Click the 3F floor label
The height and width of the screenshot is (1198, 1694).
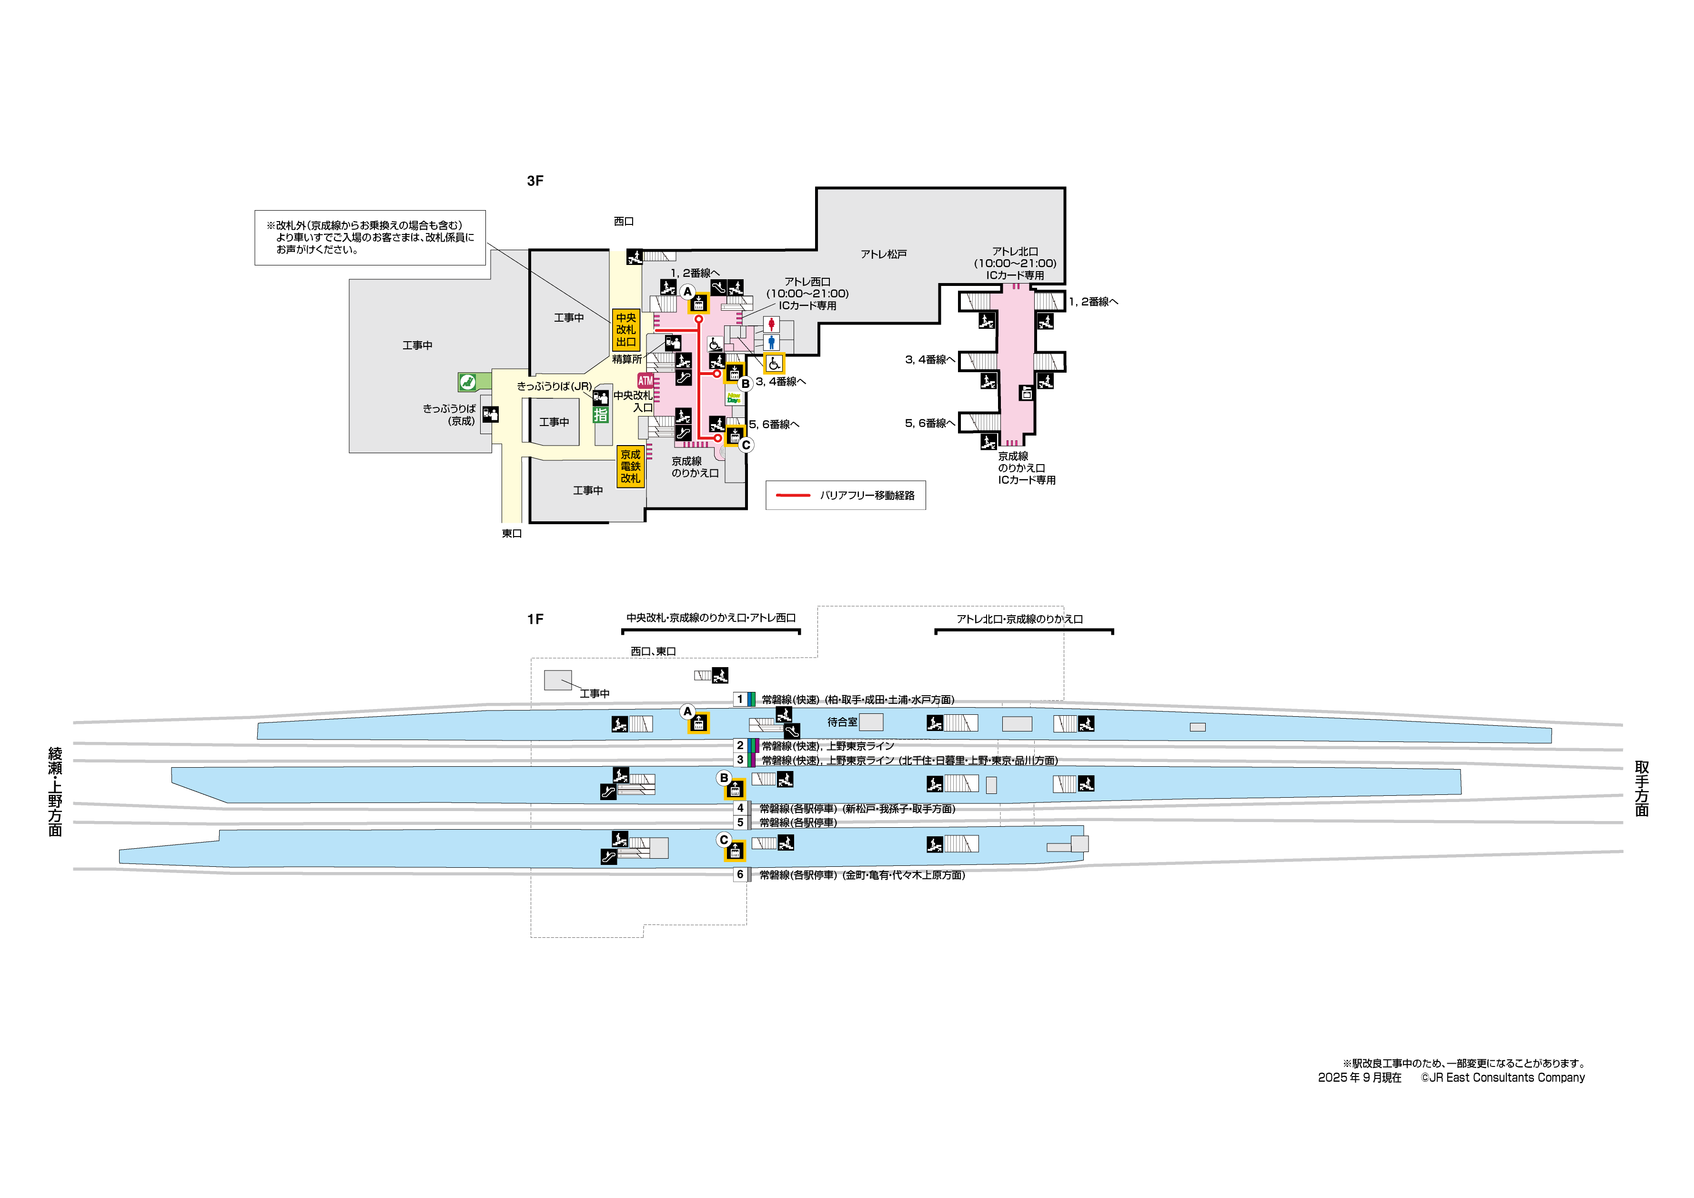click(x=535, y=181)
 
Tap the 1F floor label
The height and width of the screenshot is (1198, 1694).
click(x=535, y=619)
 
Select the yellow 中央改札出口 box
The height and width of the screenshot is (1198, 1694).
click(x=625, y=330)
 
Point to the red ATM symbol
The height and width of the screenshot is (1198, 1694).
click(x=645, y=381)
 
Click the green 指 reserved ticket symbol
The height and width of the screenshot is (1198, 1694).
click(x=601, y=415)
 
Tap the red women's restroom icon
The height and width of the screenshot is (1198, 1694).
click(x=771, y=324)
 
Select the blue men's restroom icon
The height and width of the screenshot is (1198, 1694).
click(x=771, y=343)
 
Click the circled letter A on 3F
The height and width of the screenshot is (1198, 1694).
click(x=687, y=292)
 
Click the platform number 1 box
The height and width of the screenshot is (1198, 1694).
click(x=740, y=699)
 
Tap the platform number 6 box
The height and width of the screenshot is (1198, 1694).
click(x=740, y=875)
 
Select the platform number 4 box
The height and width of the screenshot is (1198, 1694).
click(x=740, y=808)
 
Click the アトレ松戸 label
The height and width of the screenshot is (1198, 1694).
click(x=883, y=254)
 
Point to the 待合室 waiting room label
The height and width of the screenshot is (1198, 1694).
click(x=842, y=722)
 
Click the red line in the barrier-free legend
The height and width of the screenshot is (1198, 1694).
click(x=793, y=495)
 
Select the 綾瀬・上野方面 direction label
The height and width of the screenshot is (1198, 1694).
click(x=55, y=792)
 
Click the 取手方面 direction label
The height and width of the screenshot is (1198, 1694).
click(x=1642, y=788)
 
